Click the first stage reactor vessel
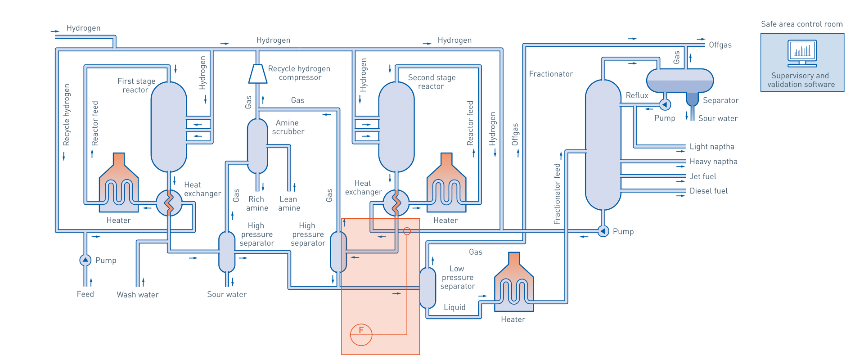point(169,127)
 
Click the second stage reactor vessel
point(396,127)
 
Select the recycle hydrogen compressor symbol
point(257,74)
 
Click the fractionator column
point(603,145)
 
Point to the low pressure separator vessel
point(427,288)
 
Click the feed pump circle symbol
point(85,260)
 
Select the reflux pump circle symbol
point(665,104)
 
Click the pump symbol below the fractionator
point(603,231)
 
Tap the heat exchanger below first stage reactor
point(169,203)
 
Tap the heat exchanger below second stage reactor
point(396,203)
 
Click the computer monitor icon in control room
point(802,53)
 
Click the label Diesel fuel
point(709,191)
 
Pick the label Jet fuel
point(703,176)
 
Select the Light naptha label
point(712,147)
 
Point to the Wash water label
point(137,295)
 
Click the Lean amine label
point(288,203)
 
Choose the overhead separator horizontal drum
point(679,81)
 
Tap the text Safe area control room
point(802,24)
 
